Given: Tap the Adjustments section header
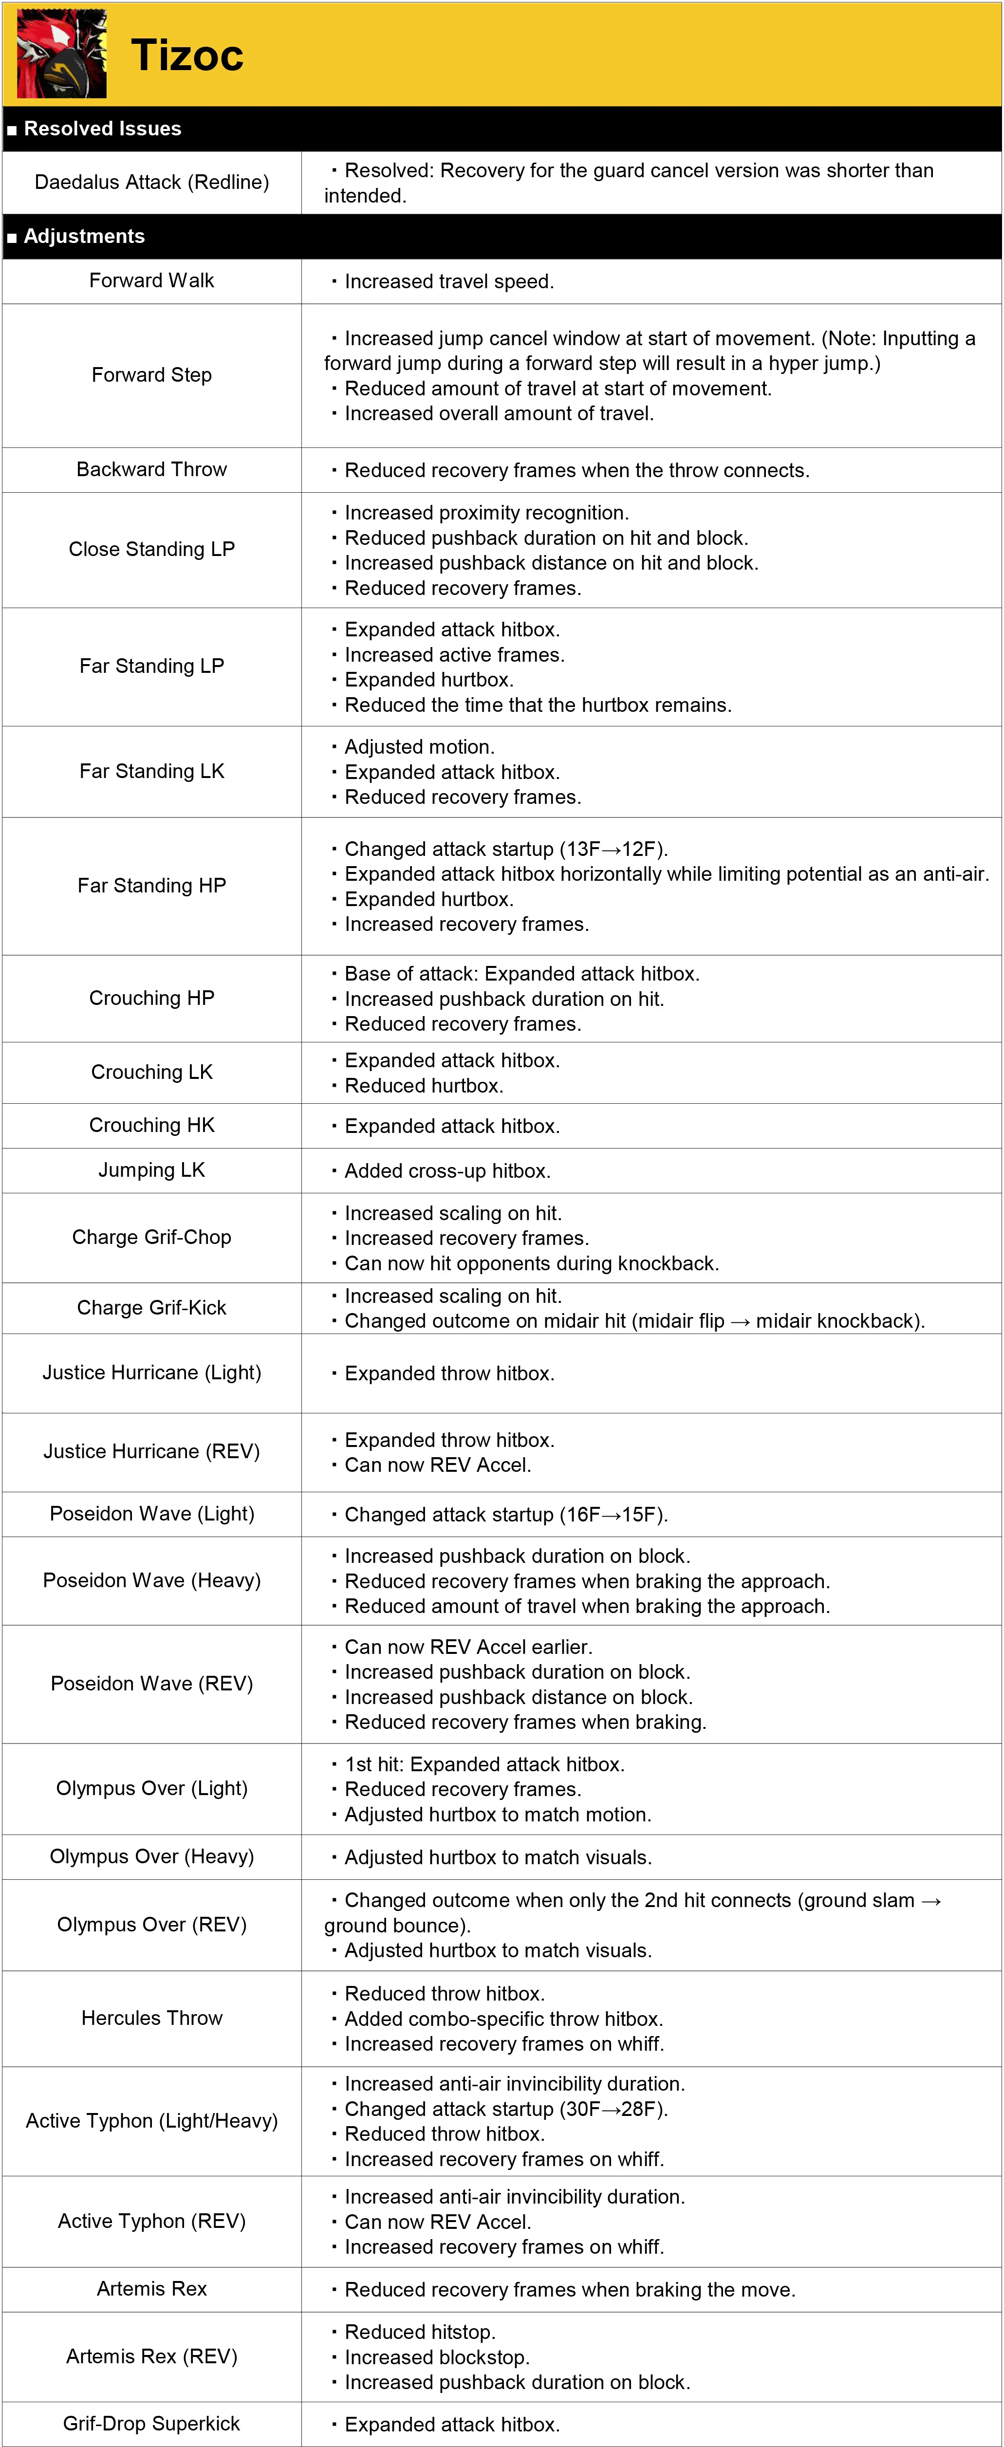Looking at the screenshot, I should [84, 237].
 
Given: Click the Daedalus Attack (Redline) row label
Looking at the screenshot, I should [152, 183].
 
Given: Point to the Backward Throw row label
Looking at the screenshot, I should [152, 469].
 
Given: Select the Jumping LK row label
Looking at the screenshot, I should [152, 1170].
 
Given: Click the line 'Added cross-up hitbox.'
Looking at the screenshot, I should [446, 1171].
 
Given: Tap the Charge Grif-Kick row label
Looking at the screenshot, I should [152, 1308].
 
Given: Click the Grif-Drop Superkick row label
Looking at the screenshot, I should [152, 2423].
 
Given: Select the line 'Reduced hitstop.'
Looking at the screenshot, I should [419, 2332].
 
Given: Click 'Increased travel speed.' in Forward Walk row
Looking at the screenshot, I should [448, 282].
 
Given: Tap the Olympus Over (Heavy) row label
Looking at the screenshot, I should [152, 1856].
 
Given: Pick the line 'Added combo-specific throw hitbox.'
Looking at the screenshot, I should [503, 2019].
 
